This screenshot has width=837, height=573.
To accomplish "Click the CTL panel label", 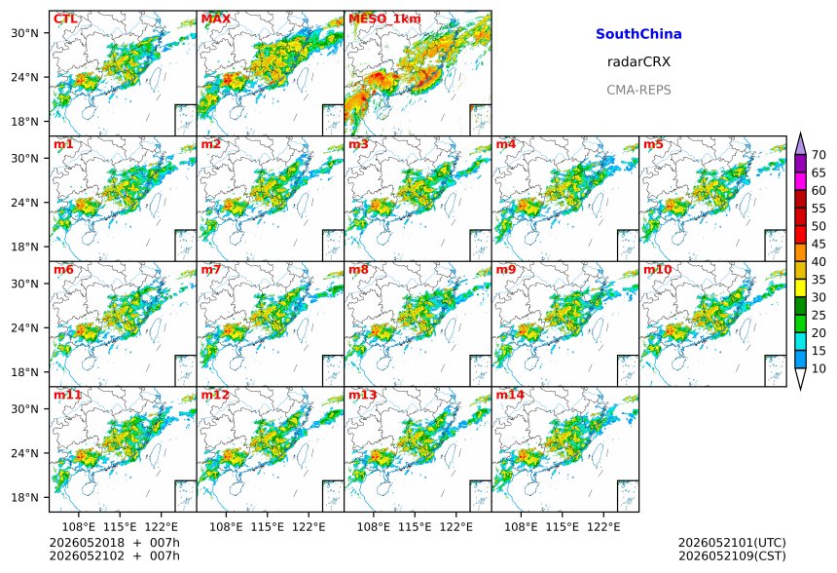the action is click(65, 19).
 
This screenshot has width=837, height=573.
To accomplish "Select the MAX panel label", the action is click(216, 19).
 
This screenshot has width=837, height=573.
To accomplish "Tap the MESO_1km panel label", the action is click(384, 19).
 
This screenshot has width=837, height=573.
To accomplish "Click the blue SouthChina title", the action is click(638, 34).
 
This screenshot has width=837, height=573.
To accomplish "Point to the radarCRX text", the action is click(638, 62).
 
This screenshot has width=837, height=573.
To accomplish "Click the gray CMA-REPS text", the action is click(638, 90).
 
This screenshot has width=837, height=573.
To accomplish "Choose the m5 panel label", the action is click(653, 144).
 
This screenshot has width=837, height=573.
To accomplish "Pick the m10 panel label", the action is click(657, 269).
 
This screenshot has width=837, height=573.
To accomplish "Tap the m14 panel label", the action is click(510, 395).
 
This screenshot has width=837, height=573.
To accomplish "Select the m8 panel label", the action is click(358, 269).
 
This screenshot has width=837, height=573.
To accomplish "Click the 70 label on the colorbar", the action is click(819, 155).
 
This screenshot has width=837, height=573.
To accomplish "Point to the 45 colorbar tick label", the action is click(819, 245).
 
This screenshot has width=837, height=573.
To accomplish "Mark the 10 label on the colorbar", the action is click(819, 368).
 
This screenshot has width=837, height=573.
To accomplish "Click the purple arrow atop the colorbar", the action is click(800, 144).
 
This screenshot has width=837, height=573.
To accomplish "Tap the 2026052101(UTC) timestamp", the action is click(732, 543).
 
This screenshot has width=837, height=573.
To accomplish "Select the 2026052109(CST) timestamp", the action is click(732, 556).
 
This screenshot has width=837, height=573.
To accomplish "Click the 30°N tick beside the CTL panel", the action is click(25, 33).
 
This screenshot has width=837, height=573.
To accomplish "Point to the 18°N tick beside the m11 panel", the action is click(25, 498).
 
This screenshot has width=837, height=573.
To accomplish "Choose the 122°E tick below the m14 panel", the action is click(603, 527).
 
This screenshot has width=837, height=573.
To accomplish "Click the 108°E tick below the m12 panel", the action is click(226, 527).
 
